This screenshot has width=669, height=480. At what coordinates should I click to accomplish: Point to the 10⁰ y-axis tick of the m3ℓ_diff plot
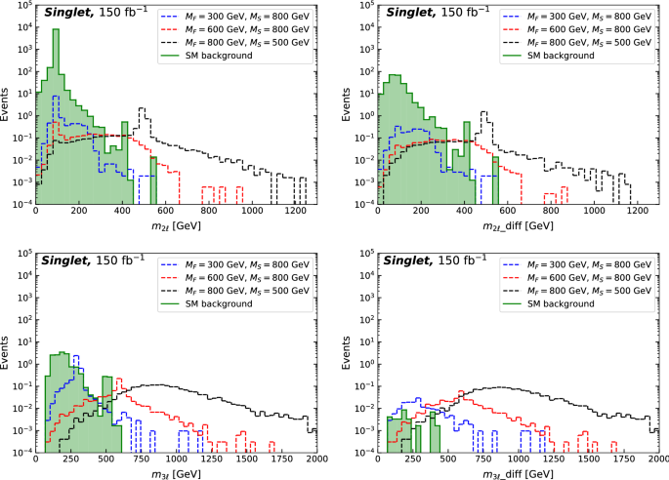pos(359,362)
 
